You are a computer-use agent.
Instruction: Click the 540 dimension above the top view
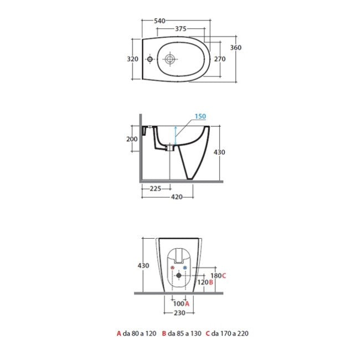click(x=160, y=20)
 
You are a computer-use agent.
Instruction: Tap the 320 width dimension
click(x=132, y=59)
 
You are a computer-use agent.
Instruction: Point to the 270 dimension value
click(x=220, y=59)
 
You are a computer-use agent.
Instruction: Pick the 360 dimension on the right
click(x=236, y=48)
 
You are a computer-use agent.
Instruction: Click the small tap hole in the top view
click(x=150, y=59)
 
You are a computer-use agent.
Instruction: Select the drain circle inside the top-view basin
click(x=170, y=58)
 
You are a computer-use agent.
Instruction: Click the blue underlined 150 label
click(x=200, y=116)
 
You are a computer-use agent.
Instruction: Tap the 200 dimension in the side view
click(x=132, y=139)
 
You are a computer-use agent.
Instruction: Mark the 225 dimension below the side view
click(x=155, y=189)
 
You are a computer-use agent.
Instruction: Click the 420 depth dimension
click(x=177, y=196)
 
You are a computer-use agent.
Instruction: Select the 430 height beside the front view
click(x=143, y=265)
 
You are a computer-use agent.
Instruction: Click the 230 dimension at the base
click(x=178, y=312)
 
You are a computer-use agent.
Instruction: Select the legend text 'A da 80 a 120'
click(x=136, y=333)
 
